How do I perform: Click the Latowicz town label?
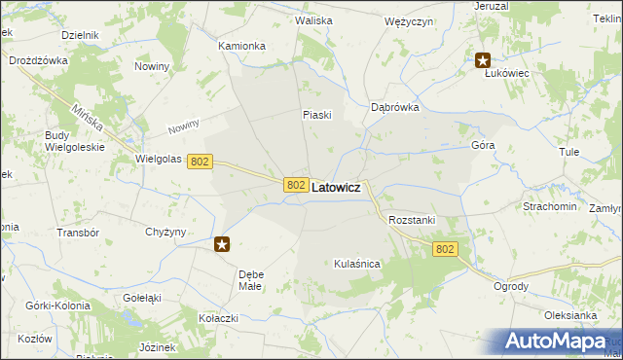pos(336,187)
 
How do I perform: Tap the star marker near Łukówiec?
pos(483,61)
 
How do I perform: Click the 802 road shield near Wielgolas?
pos(200,162)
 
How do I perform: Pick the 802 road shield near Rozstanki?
pos(445,249)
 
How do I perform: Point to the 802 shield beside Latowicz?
pos(297,185)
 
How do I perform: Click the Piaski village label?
pos(317,115)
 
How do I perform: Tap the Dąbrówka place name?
pos(395,108)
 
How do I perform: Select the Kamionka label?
pos(241,46)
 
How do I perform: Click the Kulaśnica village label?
pos(356,264)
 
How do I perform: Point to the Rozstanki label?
pos(411,221)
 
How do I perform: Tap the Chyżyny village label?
pos(165,232)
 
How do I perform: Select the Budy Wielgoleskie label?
pos(75,142)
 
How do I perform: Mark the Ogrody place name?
pos(510,286)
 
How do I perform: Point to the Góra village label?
pos(483,144)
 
